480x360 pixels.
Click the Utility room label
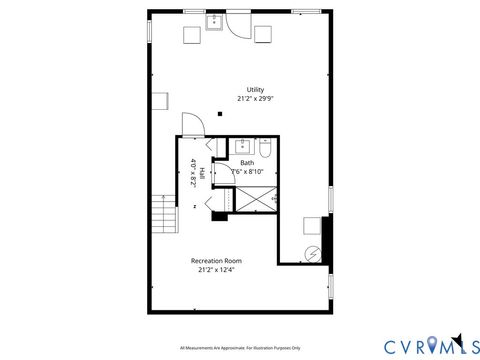256,89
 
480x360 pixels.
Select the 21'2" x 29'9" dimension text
256,99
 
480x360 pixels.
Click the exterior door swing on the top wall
234,24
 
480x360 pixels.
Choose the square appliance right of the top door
263,34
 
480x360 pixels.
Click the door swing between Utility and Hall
189,125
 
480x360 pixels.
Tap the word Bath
247,162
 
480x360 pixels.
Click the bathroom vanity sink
243,145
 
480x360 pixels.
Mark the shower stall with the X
256,199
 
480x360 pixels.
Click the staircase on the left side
161,214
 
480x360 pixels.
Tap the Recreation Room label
216,261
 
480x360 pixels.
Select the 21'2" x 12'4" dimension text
216,270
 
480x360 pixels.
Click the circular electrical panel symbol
311,254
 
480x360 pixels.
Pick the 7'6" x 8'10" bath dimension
247,171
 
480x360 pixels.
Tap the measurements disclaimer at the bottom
241,348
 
